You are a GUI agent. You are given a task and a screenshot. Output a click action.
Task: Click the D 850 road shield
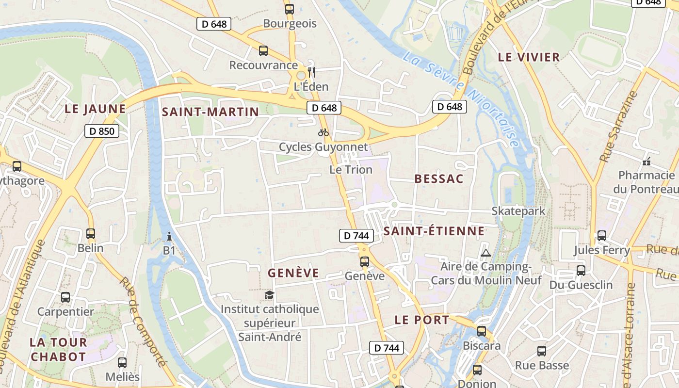tap(102, 130)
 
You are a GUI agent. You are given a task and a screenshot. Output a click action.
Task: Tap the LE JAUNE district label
tap(95, 109)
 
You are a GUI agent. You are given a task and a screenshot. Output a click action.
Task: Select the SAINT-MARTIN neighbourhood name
tap(210, 112)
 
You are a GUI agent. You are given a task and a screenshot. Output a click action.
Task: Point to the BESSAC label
tap(439, 178)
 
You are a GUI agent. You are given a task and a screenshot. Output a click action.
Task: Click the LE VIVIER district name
tap(529, 57)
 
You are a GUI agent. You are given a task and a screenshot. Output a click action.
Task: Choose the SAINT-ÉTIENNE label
tap(434, 231)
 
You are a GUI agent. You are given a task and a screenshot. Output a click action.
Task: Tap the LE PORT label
tap(422, 320)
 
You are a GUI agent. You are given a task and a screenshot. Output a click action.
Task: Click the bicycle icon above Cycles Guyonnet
tap(323, 132)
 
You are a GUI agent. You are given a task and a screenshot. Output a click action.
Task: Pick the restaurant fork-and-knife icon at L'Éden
tap(311, 72)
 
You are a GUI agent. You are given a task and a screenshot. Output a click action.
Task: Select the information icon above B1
tap(169, 237)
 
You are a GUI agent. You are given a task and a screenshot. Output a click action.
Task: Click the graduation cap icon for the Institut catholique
tap(269, 295)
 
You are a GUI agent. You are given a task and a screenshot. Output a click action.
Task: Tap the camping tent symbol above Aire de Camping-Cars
tap(485, 253)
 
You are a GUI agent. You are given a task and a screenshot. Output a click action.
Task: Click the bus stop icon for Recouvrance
tap(263, 50)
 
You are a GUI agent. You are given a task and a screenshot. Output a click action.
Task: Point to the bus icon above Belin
tap(91, 234)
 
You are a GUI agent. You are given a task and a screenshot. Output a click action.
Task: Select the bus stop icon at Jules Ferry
tap(602, 236)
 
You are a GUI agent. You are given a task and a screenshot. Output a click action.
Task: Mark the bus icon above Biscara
tap(482, 331)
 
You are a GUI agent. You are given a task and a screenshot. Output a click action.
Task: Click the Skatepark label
tap(518, 211)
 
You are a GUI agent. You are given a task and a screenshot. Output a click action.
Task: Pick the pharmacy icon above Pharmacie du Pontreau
tap(646, 161)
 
